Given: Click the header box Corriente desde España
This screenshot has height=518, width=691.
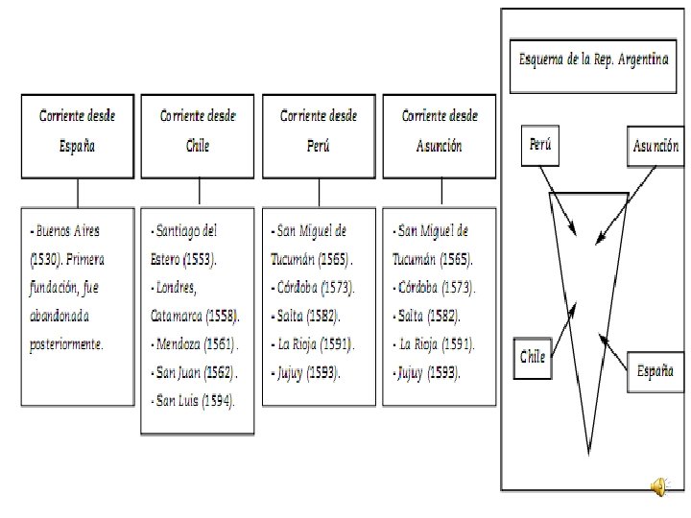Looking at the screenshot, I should tap(78, 135).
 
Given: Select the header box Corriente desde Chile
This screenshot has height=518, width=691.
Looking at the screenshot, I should tap(198, 135).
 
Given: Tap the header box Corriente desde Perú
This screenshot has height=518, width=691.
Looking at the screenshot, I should tap(319, 135).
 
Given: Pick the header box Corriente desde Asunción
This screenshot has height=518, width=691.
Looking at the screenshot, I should tap(440, 135).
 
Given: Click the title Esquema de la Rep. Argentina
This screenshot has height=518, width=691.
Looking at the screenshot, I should tap(592, 60).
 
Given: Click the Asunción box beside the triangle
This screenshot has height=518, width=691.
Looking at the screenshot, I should tap(656, 146).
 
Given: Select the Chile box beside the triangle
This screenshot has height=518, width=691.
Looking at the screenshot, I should tap(533, 357).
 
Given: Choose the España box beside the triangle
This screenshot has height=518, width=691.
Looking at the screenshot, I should tap(656, 373).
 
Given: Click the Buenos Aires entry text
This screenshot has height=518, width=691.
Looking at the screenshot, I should tap(66, 231).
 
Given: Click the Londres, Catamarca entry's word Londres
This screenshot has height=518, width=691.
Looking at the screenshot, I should tap(176, 287).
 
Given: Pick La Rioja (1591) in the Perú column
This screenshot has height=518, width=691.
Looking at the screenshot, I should tap(315, 343).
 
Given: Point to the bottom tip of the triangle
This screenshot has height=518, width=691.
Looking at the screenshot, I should tap(588, 451).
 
